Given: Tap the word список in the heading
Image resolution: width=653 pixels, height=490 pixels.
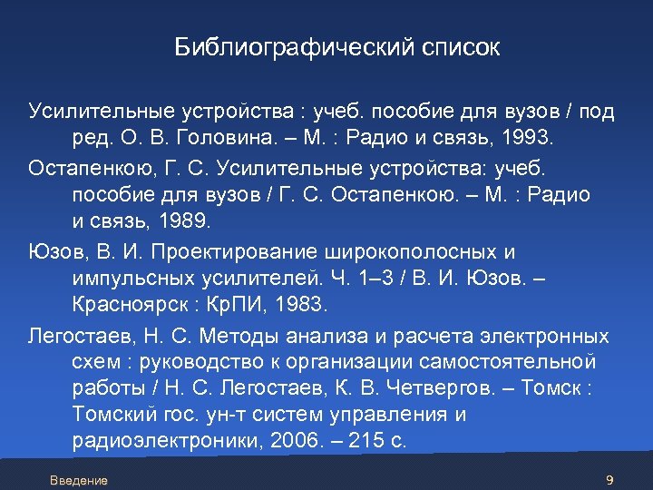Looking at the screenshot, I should click(x=460, y=47).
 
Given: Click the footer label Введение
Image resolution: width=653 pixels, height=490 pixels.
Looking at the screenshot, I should click(x=79, y=480).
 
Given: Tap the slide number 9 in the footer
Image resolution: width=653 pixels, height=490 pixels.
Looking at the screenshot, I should click(x=609, y=480).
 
